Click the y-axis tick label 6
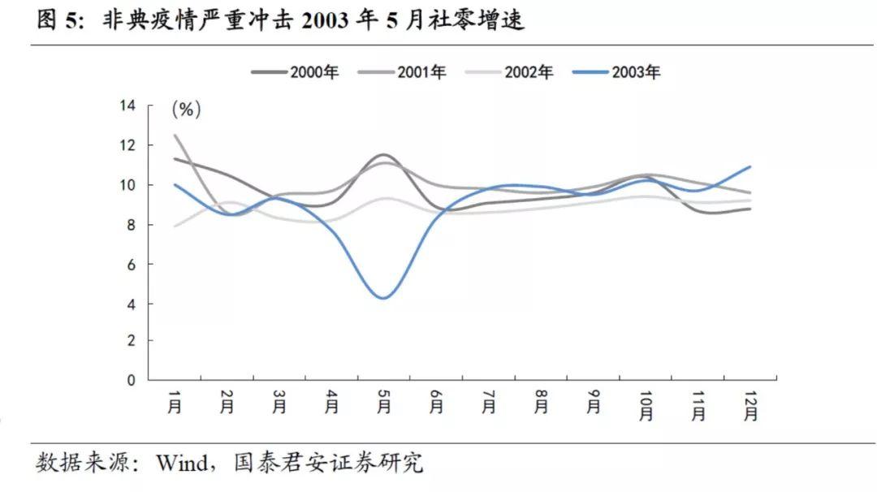click(130, 264)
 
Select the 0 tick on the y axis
click(130, 380)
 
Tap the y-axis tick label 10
click(126, 185)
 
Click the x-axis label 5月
click(384, 403)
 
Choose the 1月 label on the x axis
click(174, 403)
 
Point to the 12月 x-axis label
click(750, 406)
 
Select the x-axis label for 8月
click(541, 403)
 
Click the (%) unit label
click(186, 109)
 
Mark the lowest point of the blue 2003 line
click(384, 298)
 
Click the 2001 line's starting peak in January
click(175, 135)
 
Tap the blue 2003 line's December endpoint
click(750, 166)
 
